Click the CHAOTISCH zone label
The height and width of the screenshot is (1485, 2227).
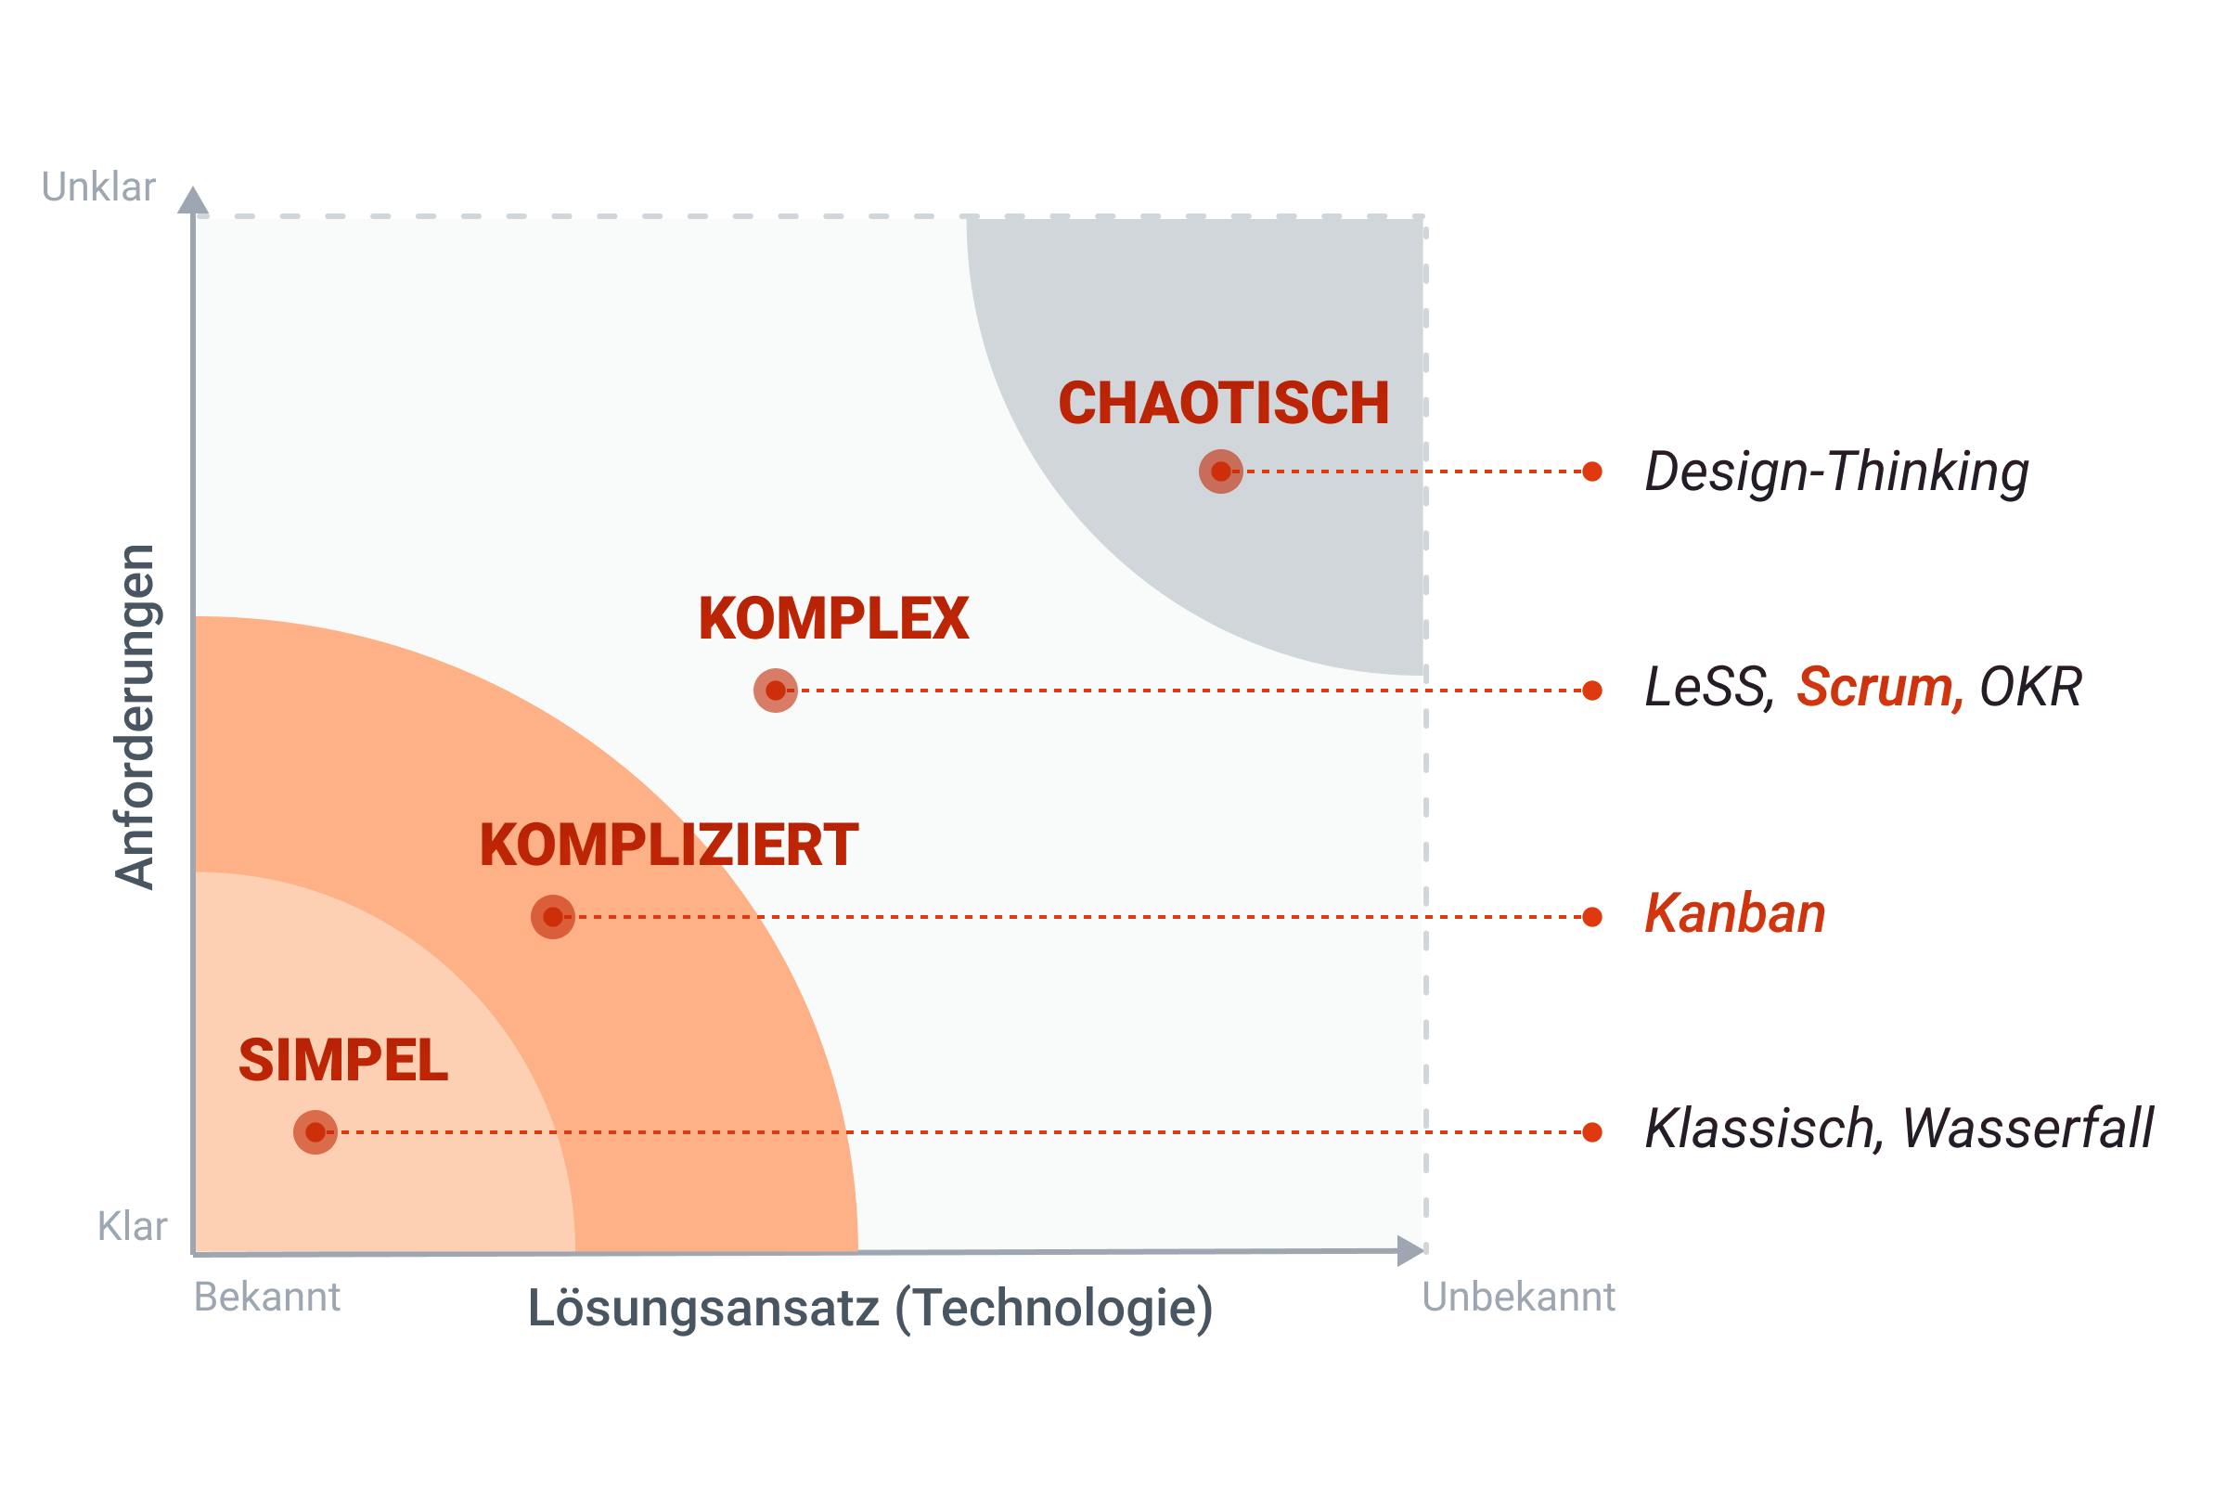(x=1222, y=404)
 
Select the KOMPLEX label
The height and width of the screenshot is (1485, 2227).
(x=833, y=619)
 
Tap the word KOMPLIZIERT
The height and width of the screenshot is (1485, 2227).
(x=668, y=846)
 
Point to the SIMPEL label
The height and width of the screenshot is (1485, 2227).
(x=342, y=1061)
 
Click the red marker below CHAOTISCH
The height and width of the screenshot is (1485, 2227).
(x=1220, y=471)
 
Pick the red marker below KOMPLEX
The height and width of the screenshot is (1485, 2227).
(x=776, y=691)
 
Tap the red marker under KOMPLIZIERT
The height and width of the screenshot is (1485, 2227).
(x=553, y=917)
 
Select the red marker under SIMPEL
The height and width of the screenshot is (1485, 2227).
(x=315, y=1132)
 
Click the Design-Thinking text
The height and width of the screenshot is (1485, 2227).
(x=1836, y=471)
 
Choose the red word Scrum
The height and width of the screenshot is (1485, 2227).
(x=1878, y=688)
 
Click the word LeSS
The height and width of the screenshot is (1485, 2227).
(x=1707, y=688)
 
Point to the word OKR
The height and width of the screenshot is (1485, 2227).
(x=2030, y=688)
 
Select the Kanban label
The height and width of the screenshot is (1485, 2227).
(x=1734, y=914)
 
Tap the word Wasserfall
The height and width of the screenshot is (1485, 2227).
(x=2027, y=1129)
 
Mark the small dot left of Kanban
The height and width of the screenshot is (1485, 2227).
(x=1592, y=917)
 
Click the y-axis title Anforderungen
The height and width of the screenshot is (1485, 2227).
(x=135, y=717)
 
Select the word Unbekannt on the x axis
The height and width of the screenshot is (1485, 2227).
(x=1518, y=1298)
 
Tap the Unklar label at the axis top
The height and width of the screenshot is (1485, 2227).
(x=98, y=187)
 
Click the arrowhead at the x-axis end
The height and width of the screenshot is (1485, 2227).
(x=1410, y=1251)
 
